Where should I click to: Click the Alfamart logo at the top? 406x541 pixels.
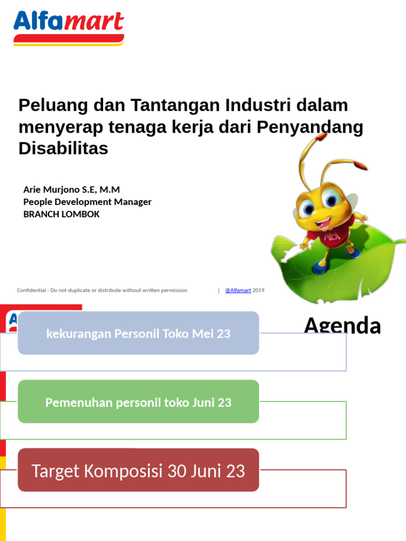(x=69, y=27)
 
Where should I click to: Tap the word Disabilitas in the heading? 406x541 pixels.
(x=63, y=148)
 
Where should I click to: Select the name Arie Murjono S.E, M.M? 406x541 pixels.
(x=71, y=189)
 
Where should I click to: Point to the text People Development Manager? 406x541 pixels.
(x=87, y=202)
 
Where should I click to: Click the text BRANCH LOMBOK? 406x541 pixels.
(x=61, y=214)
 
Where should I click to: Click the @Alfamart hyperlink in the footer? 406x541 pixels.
(x=238, y=290)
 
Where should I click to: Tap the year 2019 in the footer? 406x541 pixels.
(x=259, y=290)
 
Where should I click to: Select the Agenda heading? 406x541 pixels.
(x=342, y=326)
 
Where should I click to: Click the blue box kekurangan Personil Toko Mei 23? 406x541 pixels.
(x=139, y=333)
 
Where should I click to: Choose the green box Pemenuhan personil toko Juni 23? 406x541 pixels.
(x=139, y=402)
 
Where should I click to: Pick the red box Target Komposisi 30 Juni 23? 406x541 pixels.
(x=139, y=471)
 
